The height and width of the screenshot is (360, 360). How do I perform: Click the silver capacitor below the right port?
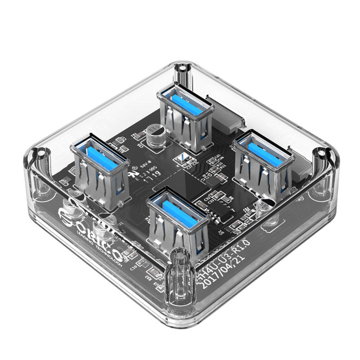coord(263,207)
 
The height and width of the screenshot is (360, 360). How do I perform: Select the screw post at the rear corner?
coord(181,69)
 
